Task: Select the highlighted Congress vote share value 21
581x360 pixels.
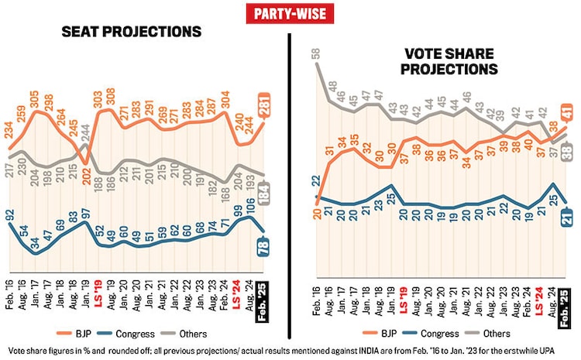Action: (567, 219)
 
